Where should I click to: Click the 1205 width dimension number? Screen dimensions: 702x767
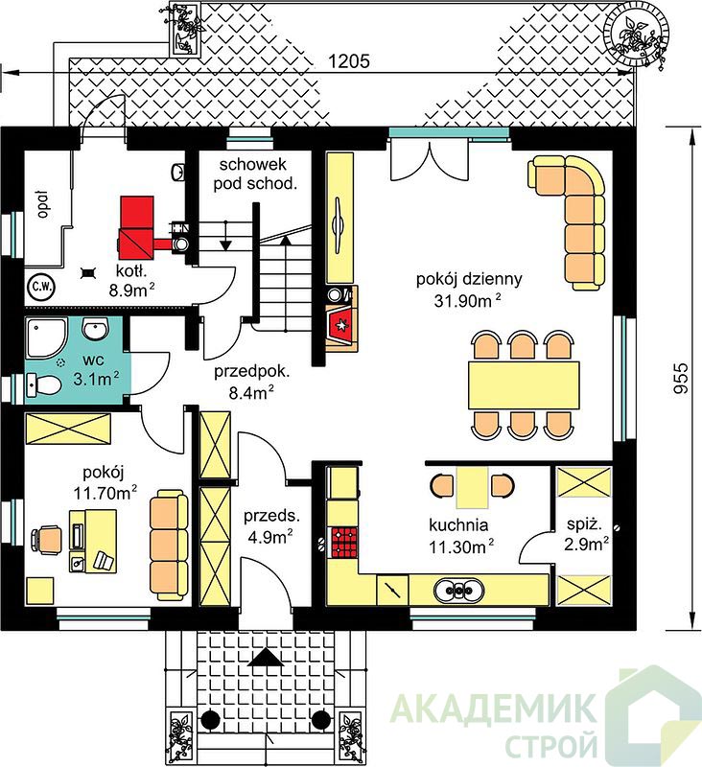coord(348,61)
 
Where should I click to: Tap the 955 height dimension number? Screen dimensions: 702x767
coord(680,377)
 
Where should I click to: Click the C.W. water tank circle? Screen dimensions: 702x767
coord(42,286)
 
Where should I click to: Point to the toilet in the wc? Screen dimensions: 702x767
coord(44,384)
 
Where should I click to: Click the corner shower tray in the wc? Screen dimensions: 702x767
coord(46,338)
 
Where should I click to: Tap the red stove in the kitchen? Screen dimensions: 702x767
coord(344,542)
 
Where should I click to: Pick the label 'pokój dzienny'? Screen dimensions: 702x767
coord(469,279)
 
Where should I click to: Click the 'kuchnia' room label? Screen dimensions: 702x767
coord(458,524)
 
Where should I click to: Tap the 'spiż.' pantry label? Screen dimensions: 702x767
coord(584,524)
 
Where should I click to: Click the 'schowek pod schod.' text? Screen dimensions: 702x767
coord(254,174)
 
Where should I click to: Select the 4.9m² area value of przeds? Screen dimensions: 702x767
coord(269,537)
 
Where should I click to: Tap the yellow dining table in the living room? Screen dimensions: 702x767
coord(524,386)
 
